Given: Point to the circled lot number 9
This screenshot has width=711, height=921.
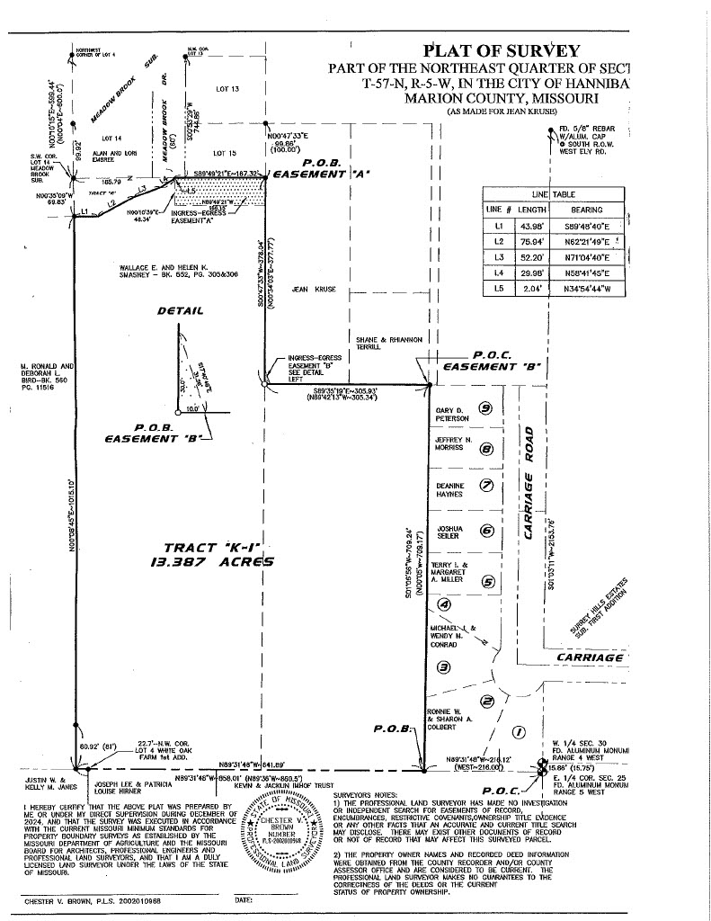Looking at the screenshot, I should [486, 407].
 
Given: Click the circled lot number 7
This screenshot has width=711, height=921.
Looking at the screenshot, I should [487, 485].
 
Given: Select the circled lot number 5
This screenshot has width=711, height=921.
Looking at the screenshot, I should [488, 581].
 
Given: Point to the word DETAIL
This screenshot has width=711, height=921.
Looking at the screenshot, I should [181, 310].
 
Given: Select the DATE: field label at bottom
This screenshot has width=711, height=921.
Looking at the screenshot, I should [242, 899].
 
